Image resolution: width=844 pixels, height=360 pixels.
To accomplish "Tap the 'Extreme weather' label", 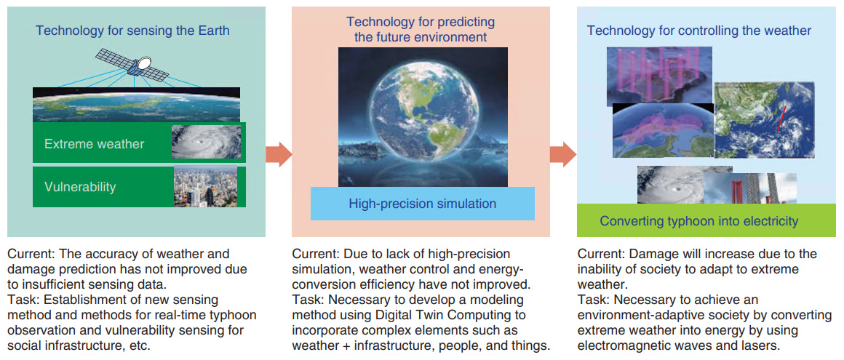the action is (94, 144).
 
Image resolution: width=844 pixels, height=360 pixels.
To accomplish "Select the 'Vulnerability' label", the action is (80, 187).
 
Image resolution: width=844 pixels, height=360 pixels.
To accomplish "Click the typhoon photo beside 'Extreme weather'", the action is (206, 142).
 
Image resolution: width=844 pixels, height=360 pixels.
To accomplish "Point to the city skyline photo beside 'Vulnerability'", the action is (206, 187).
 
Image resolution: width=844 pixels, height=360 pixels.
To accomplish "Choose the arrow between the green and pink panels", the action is (279, 154).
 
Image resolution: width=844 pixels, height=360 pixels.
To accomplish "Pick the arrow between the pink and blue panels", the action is (563, 154).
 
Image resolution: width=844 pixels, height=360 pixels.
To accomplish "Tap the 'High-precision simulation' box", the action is (423, 204).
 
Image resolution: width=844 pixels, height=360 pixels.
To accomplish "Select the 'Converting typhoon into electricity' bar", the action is (706, 220).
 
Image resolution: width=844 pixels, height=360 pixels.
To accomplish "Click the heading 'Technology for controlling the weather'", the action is (698, 31).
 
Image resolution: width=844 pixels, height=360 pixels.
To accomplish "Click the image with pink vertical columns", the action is (659, 76).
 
